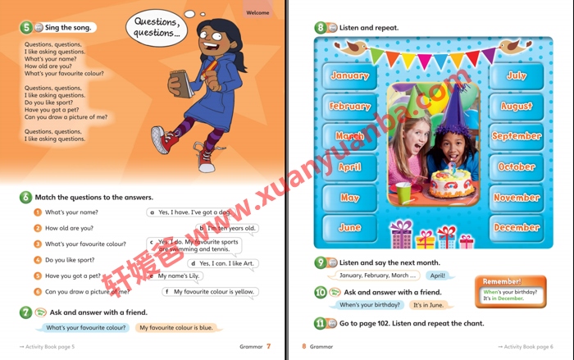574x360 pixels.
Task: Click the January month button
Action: pos(349,75)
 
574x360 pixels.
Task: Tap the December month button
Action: pos(517,227)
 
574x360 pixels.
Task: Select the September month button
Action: pos(517,136)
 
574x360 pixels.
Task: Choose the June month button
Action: pos(349,227)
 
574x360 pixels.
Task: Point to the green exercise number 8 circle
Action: pos(321,27)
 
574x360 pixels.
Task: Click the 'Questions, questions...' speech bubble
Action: pos(157,28)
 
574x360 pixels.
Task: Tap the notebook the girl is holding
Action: pos(180,84)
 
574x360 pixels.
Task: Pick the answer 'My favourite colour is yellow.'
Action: pos(212,292)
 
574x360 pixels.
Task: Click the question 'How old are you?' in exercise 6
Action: pos(69,228)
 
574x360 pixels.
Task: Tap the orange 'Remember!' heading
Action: pos(502,281)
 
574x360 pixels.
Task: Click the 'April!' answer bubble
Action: pos(438,276)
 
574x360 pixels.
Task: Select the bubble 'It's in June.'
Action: pos(428,305)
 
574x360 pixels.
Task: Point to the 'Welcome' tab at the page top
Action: pos(257,12)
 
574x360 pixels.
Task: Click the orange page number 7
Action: pos(268,347)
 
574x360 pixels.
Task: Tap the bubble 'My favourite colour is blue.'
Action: pos(175,328)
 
